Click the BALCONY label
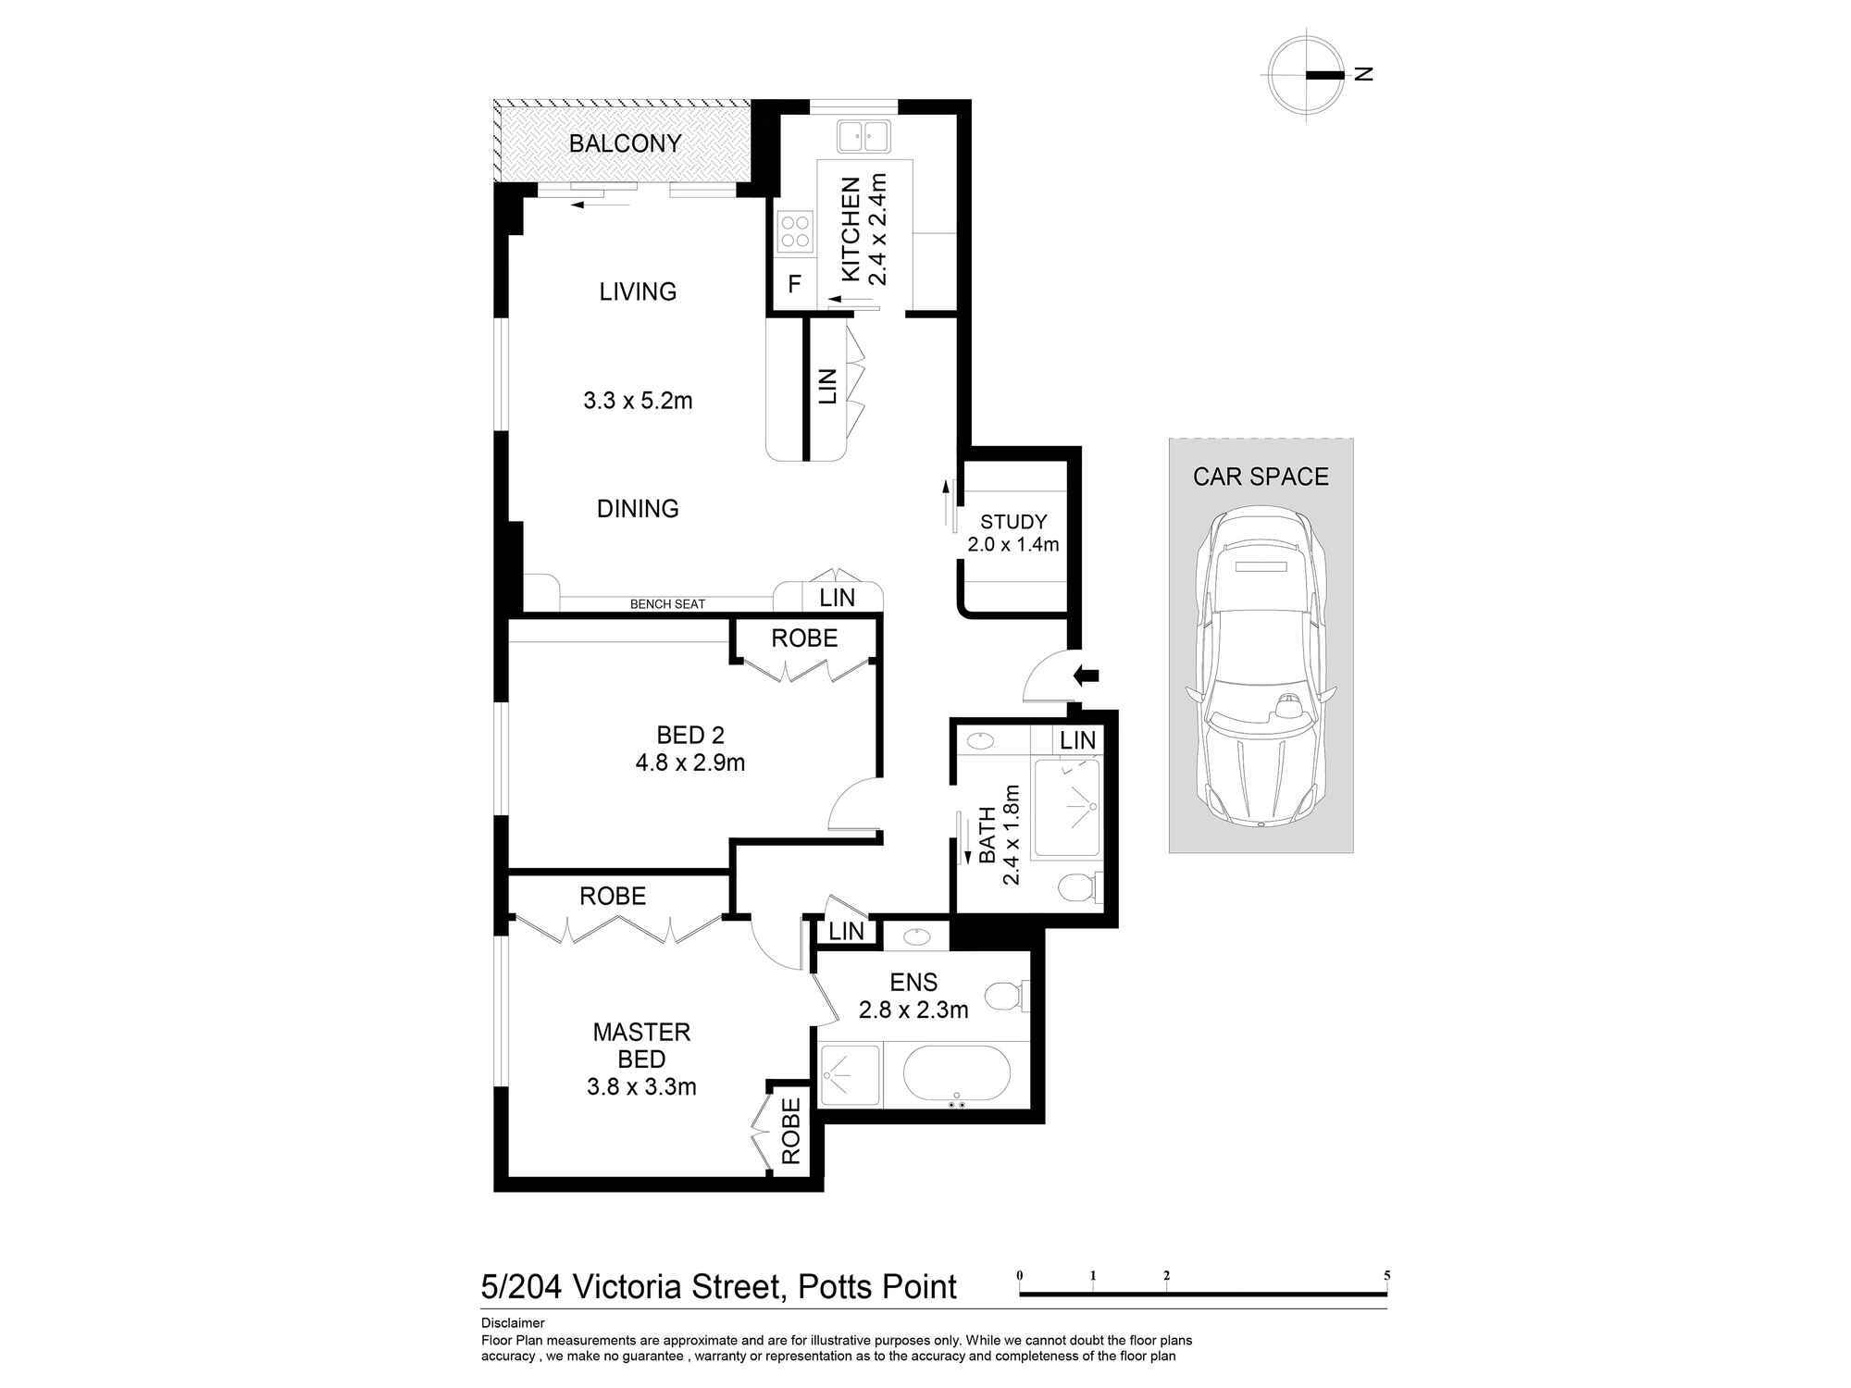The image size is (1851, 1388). [x=625, y=143]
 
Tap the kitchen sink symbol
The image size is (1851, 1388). [x=863, y=137]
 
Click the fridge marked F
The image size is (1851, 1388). [x=794, y=284]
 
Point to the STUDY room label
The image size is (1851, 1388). [x=1013, y=522]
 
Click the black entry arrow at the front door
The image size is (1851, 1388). [x=1086, y=675]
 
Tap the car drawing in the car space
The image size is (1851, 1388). [x=1261, y=666]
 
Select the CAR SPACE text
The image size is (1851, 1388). [x=1261, y=477]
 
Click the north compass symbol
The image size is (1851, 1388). [x=1307, y=74]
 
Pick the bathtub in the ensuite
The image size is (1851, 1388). [x=956, y=1073]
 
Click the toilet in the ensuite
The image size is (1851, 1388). [x=1003, y=997]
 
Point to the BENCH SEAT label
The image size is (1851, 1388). [x=667, y=604]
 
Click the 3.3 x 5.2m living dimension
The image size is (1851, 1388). [x=638, y=401]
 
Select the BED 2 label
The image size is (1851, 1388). [x=689, y=736]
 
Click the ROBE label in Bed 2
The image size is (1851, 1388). [x=804, y=638]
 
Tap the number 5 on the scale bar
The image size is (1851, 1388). [x=1386, y=1275]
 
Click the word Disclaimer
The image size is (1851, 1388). [x=513, y=1323]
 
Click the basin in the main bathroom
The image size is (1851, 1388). [x=979, y=740]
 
